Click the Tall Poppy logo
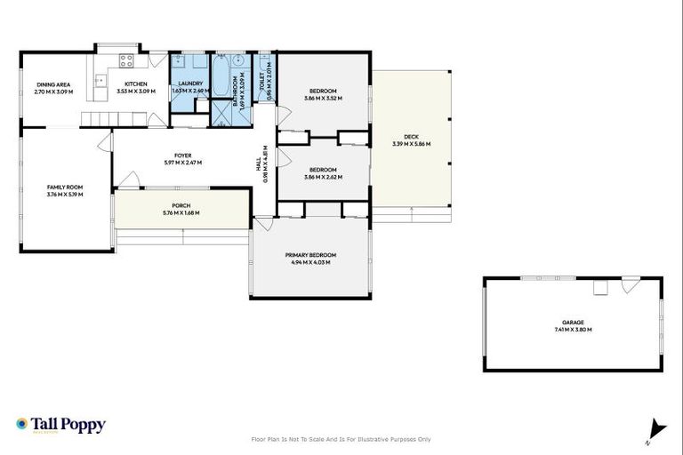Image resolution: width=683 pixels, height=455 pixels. (60, 425)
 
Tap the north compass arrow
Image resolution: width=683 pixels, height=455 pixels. (657, 427)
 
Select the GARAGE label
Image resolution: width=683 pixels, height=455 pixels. (573, 323)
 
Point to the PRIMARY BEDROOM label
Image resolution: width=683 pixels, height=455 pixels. (310, 255)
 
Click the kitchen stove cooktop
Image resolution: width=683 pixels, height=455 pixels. (126, 62)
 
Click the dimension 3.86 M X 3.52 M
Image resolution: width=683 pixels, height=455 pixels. (323, 99)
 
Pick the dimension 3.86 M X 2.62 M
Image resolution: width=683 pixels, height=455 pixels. (323, 177)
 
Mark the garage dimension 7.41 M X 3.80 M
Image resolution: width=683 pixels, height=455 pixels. (573, 330)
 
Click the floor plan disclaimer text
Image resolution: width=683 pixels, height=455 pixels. (341, 439)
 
